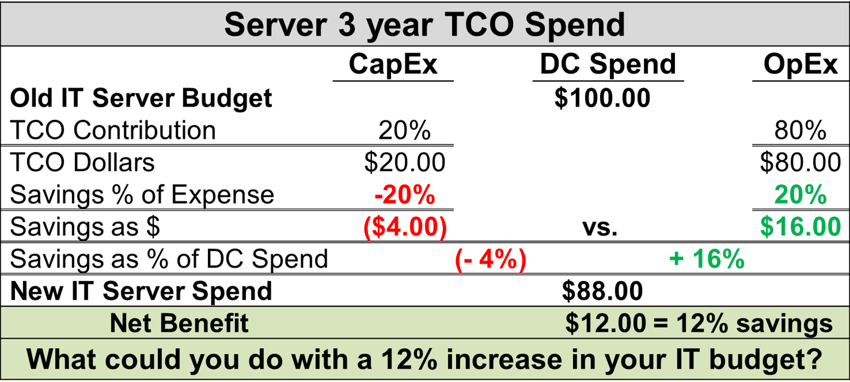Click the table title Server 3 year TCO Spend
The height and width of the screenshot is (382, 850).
(424, 24)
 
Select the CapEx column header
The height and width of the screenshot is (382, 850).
(393, 65)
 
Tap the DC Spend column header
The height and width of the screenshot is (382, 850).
(608, 65)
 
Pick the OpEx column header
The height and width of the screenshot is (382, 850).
(800, 65)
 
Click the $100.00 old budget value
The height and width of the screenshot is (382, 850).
(602, 98)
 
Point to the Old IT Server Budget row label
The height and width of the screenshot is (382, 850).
(141, 99)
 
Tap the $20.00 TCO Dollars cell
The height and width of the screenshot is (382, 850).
(404, 163)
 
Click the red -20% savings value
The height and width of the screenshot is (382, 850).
(404, 195)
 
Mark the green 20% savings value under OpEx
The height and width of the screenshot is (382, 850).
(800, 195)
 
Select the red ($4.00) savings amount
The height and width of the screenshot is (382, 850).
(404, 227)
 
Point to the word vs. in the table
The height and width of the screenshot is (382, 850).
(599, 228)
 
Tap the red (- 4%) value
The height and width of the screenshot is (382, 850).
(491, 260)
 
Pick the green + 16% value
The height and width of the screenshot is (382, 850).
(707, 260)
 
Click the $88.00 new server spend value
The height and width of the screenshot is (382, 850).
(602, 292)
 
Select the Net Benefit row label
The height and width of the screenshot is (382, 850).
(179, 323)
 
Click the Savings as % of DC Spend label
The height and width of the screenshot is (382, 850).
(169, 260)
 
